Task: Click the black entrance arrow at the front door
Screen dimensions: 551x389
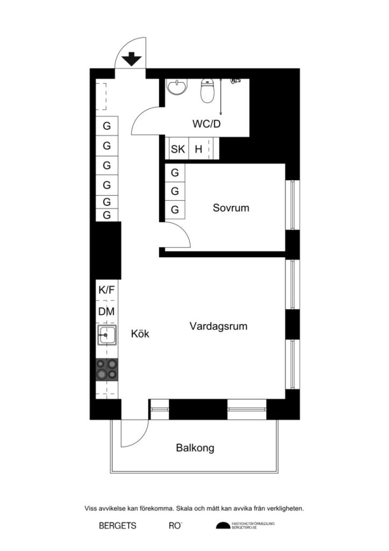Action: point(131,59)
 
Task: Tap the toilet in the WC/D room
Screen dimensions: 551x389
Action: point(207,91)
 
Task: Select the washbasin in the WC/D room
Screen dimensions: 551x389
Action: point(177,87)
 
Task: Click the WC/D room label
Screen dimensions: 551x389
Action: point(207,124)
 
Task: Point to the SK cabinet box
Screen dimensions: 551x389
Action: point(178,149)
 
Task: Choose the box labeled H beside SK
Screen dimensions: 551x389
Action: point(198,149)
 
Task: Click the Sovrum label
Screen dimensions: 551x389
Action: point(231,208)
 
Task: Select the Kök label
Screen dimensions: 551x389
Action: point(140,334)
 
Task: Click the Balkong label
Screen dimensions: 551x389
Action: point(195,448)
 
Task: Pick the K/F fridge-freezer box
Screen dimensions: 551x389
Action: point(107,290)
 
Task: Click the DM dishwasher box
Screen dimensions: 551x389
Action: point(107,312)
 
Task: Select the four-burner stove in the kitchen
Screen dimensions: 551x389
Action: point(107,370)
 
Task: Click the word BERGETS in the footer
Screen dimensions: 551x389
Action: point(118,526)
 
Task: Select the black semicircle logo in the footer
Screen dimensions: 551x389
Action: point(222,526)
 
